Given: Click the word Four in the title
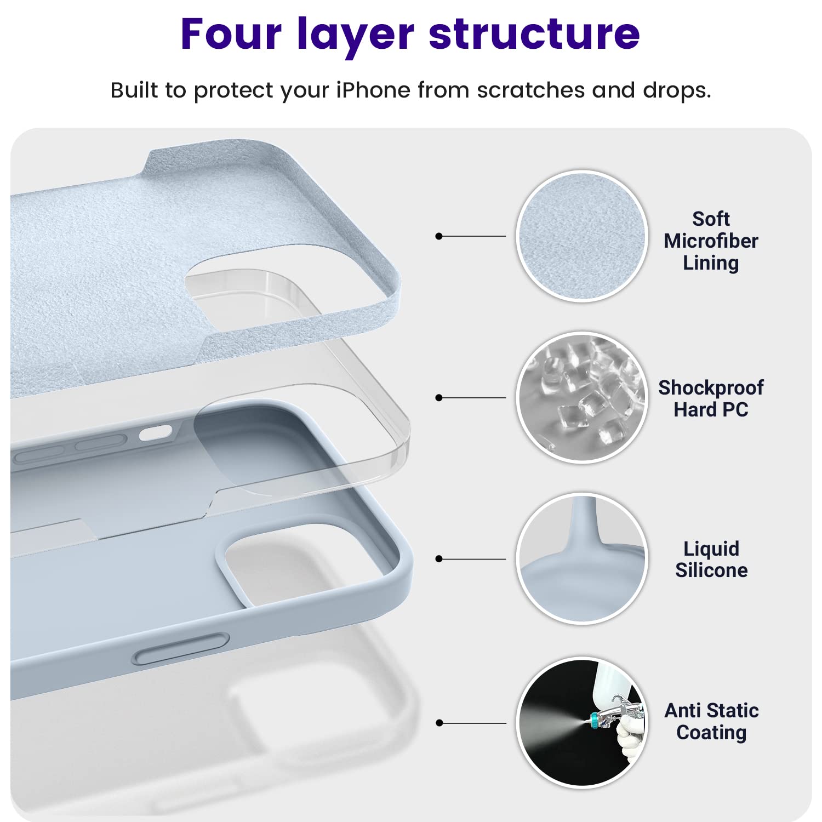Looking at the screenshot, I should [x=231, y=34].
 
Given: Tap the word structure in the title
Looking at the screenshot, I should [x=534, y=34].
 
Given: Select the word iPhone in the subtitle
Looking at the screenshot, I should [x=373, y=90].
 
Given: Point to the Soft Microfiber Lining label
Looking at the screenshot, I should [x=711, y=241].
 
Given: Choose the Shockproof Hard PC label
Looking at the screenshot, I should [x=711, y=398].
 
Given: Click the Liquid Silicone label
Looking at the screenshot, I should [x=711, y=560].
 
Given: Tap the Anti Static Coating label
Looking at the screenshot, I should [x=711, y=721].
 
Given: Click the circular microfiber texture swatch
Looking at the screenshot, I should [x=582, y=236].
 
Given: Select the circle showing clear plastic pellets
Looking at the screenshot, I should [x=582, y=397].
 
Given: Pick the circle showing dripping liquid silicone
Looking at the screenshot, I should [x=582, y=558].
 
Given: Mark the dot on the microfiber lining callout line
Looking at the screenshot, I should [x=438, y=236].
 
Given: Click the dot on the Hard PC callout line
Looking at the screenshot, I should [x=438, y=397].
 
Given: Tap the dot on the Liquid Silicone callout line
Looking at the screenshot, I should [x=438, y=559].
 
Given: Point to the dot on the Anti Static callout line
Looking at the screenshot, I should [x=438, y=723].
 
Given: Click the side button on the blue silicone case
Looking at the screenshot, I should [x=181, y=649].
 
